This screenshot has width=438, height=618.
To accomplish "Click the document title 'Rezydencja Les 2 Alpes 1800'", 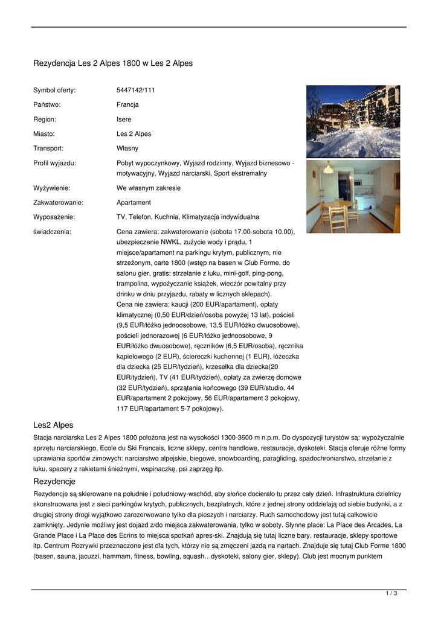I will click(x=113, y=63).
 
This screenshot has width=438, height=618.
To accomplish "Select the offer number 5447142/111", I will click(x=136, y=90).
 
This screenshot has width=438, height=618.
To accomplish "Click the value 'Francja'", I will click(x=127, y=104).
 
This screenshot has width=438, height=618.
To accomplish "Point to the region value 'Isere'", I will click(x=124, y=119).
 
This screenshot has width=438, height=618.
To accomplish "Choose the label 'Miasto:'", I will click(x=44, y=133).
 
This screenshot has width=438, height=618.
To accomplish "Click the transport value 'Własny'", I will click(x=127, y=148).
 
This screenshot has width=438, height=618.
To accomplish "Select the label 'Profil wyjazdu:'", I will click(x=54, y=163).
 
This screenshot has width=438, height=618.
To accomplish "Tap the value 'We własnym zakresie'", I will click(x=149, y=188).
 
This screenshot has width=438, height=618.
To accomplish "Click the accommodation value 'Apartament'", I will click(x=134, y=202).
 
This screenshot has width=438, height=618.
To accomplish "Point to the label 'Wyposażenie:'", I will click(x=54, y=217).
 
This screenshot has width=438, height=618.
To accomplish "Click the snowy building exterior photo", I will click(x=353, y=121).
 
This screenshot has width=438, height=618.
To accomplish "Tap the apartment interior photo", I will click(x=353, y=196).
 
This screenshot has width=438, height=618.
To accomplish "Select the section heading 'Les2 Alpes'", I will click(x=53, y=425).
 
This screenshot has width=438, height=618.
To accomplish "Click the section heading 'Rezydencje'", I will click(x=54, y=481).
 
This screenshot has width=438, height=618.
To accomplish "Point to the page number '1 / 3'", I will click(x=391, y=594).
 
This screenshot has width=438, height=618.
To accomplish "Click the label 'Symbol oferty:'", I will click(x=54, y=90).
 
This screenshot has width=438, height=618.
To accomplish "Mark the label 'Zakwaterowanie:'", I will click(x=58, y=202).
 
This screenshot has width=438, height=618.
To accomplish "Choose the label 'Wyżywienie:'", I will click(x=51, y=188).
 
